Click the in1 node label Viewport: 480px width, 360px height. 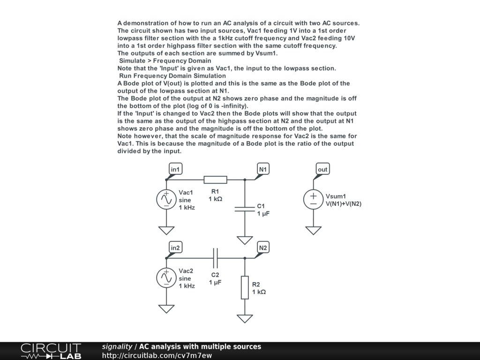point(175,169)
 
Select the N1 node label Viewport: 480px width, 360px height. point(263,169)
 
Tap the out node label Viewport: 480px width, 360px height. point(322,169)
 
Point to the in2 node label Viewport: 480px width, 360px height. point(175,247)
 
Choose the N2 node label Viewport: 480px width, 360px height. point(263,247)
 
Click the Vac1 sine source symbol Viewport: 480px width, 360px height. point(166,199)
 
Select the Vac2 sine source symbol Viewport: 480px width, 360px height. point(166,277)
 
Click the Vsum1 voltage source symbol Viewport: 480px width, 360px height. point(314,199)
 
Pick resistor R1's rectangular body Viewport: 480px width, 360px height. point(215,180)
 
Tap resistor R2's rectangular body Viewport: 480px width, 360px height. point(245,287)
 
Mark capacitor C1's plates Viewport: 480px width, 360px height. point(245,209)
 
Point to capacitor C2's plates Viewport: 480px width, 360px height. point(215,258)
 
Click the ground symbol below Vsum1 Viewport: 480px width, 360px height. point(314,230)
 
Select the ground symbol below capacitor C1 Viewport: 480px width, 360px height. point(245,240)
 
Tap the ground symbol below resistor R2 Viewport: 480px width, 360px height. point(245,318)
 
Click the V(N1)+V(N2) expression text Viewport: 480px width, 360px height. point(344,203)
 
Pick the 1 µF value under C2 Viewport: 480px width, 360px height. point(215,283)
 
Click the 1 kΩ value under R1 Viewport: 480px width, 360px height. point(215,199)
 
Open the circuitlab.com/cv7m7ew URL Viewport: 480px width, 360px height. point(157,355)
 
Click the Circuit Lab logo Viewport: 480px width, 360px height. point(51,351)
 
